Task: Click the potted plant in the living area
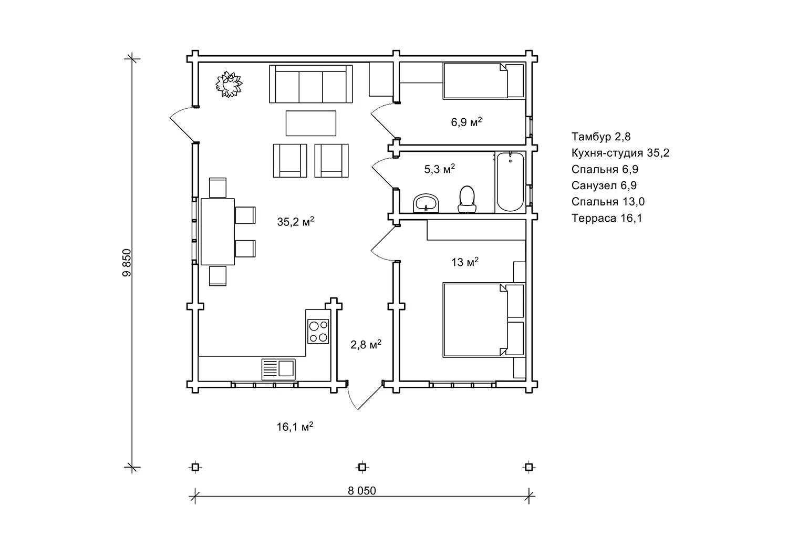point(229,84)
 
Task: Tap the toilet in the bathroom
point(467,200)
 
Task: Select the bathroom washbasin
point(426,203)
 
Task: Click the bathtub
point(510,182)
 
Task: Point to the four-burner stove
point(318,331)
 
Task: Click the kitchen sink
point(278,369)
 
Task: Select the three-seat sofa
point(311,84)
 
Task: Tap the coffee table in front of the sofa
point(311,123)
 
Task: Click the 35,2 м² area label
point(295,221)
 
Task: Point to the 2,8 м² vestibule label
point(366,344)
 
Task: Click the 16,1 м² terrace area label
point(295,427)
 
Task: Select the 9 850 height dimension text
point(127,263)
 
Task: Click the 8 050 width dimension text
point(362,490)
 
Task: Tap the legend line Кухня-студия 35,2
point(620,153)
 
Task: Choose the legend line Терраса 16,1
point(607,218)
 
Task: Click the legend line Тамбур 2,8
point(601,136)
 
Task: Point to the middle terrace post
point(362,467)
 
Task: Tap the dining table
point(218,232)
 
